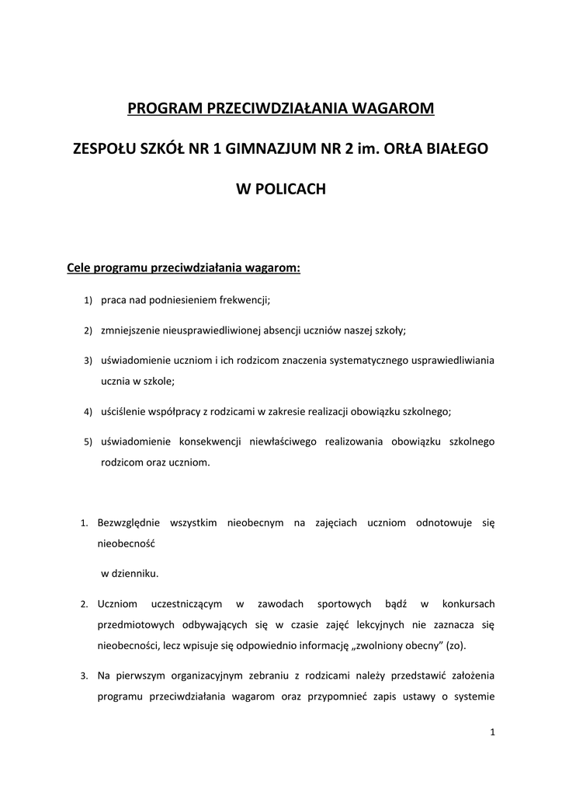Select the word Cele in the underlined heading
pos(79,269)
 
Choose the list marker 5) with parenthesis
pos(88,442)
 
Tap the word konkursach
pos(468,604)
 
